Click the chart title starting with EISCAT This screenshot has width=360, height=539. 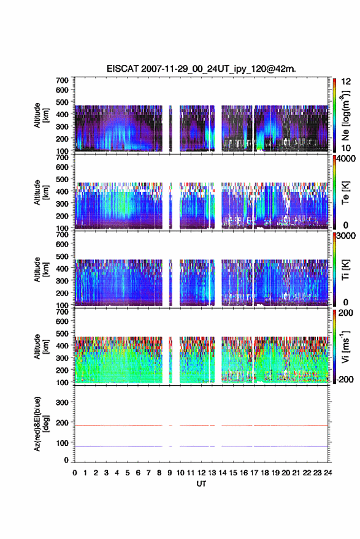[x=201, y=69]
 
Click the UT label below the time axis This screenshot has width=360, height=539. [x=201, y=484]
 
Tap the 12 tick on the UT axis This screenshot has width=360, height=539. [x=202, y=473]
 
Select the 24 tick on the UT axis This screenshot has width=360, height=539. [x=327, y=473]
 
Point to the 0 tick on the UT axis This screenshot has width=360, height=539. [x=75, y=473]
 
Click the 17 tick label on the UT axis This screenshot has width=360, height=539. [x=254, y=473]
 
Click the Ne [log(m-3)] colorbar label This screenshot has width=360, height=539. [x=345, y=116]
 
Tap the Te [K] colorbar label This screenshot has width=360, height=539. [x=345, y=193]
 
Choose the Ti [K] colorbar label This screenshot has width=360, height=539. [x=345, y=270]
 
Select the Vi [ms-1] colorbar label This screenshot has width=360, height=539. [x=345, y=346]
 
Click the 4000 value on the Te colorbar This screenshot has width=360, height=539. [x=347, y=159]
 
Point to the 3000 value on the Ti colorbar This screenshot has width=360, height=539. [x=347, y=236]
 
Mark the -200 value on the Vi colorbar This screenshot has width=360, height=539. [x=345, y=379]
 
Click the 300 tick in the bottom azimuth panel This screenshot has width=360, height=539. [x=62, y=402]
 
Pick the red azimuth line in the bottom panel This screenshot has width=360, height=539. [x=201, y=426]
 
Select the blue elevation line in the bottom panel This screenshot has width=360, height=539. [x=201, y=446]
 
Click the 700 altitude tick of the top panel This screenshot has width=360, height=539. [x=62, y=80]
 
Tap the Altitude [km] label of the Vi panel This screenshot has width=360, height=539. [x=41, y=346]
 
